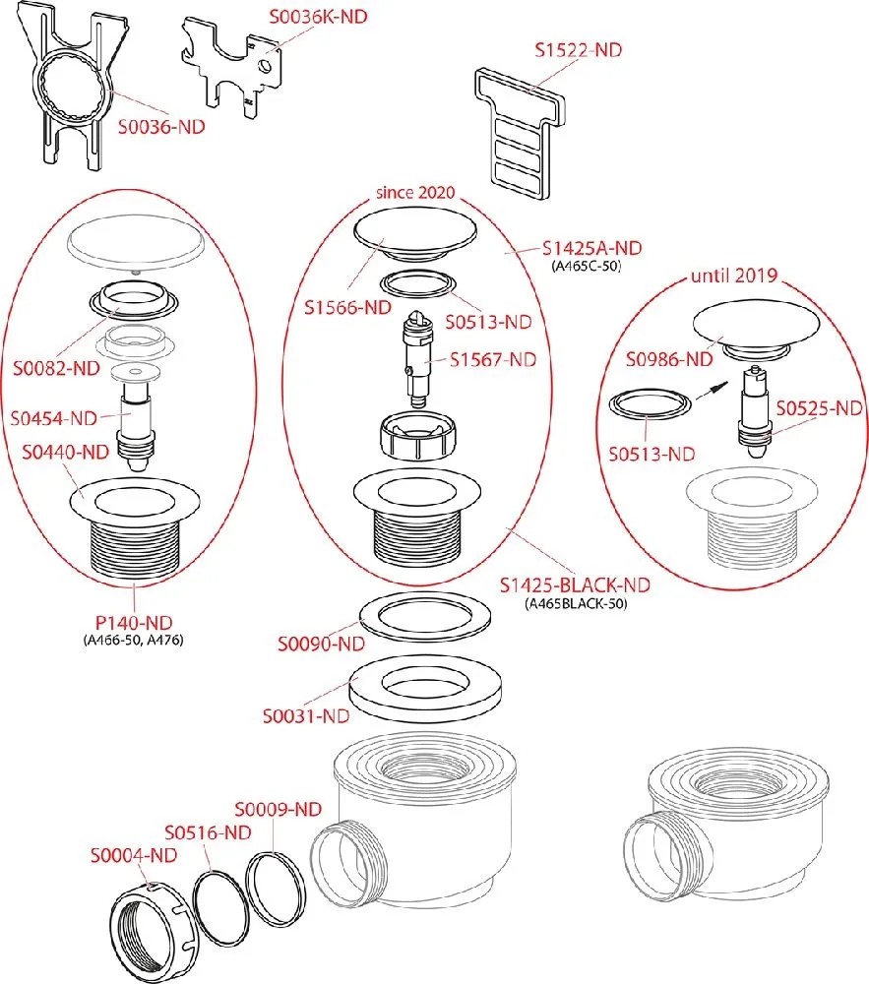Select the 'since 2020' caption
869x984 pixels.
[415, 191]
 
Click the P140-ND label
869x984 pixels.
[134, 622]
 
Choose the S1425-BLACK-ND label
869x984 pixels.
[575, 584]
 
